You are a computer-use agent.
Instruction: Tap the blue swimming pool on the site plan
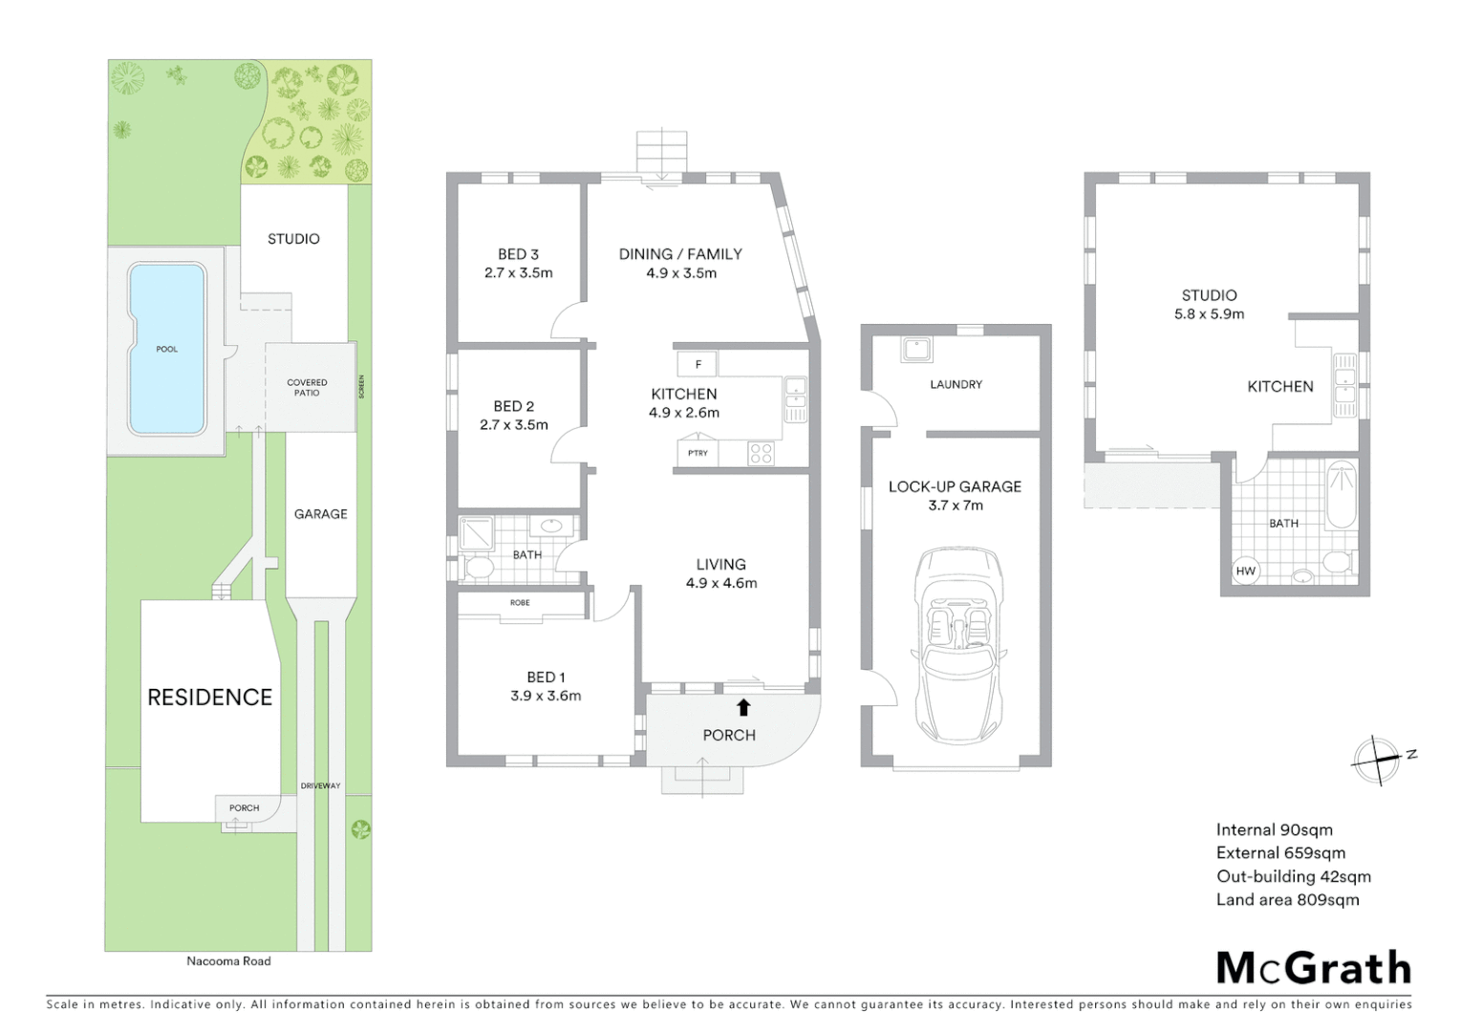(166, 349)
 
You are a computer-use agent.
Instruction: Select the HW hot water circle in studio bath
(1246, 571)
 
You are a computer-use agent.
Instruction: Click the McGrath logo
(1313, 968)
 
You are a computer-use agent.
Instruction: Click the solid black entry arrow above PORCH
(743, 707)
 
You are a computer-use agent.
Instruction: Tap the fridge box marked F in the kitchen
(698, 364)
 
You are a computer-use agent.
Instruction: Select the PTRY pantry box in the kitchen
(698, 453)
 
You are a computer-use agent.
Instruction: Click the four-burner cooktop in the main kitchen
(762, 453)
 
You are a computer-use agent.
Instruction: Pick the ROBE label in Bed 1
(520, 603)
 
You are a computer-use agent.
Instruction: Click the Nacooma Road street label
(228, 961)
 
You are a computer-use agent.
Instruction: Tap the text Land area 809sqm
(1287, 899)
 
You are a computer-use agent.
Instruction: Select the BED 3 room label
(518, 254)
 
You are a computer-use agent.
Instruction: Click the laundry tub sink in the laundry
(916, 350)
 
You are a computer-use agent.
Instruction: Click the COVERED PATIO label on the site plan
(307, 387)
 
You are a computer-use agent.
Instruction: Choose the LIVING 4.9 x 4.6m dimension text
(721, 583)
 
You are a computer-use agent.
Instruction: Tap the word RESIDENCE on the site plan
(209, 698)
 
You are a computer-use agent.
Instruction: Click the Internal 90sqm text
(1274, 830)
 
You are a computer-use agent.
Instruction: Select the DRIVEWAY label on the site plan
(320, 786)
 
